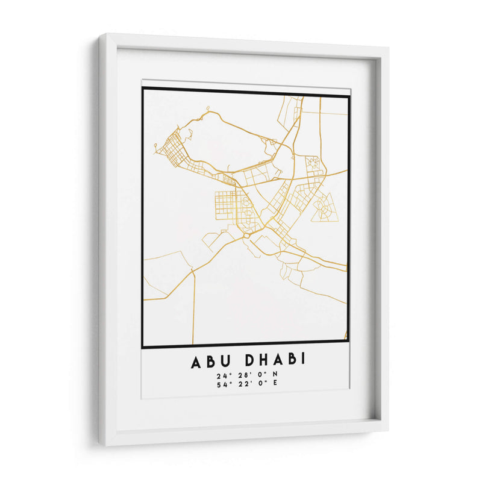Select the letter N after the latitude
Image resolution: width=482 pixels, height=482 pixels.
(275, 375)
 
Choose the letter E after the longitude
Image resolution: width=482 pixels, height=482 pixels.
(275, 385)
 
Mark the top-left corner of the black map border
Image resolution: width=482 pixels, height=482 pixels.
(143, 89)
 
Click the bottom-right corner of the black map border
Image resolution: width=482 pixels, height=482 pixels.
(349, 347)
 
